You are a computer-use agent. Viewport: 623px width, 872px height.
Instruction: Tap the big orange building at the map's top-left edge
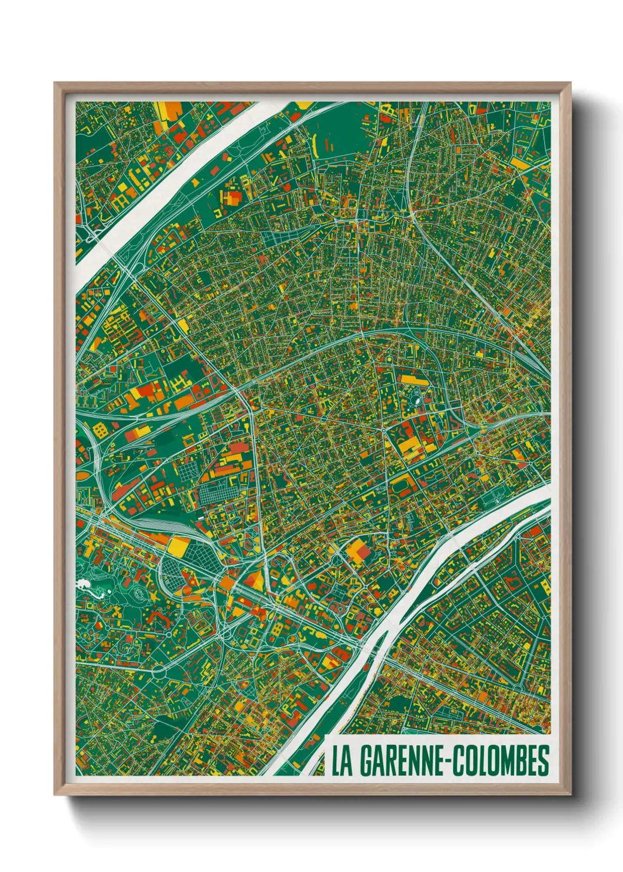[x=171, y=110]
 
